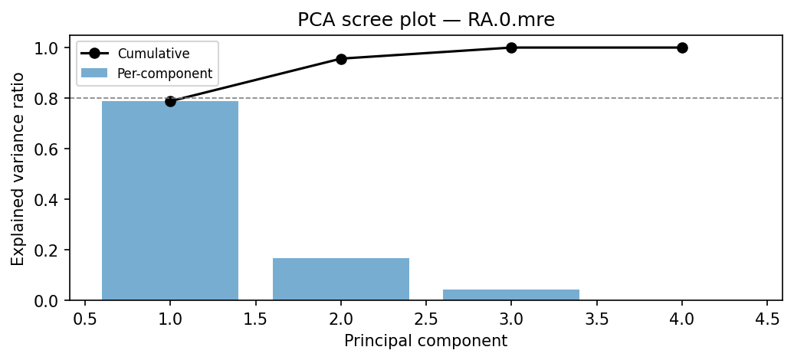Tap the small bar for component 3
(x=511, y=295)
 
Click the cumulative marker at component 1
(x=170, y=101)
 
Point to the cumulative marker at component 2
(x=341, y=59)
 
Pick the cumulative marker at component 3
(x=511, y=47)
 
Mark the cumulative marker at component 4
(x=682, y=47)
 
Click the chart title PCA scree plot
(x=425, y=20)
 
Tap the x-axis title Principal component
(x=425, y=341)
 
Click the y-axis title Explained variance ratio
(x=18, y=169)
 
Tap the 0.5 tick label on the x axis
(x=85, y=317)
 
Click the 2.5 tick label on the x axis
(x=426, y=317)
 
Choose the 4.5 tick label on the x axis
(x=767, y=317)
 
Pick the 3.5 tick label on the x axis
(x=596, y=317)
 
